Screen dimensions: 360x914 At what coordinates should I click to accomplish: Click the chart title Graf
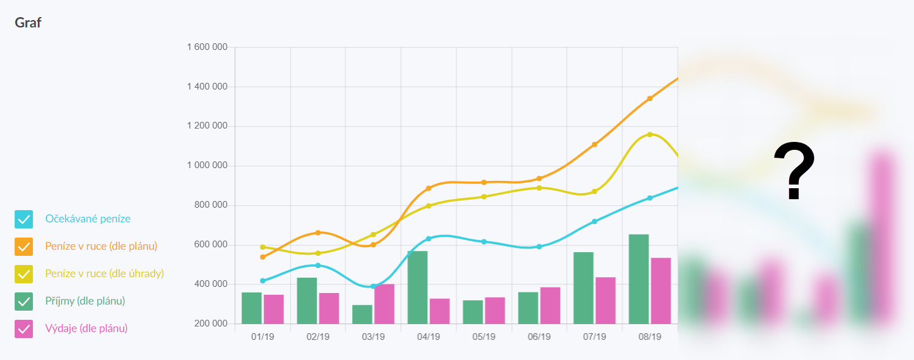[28, 23]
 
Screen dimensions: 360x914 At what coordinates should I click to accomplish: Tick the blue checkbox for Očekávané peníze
[24, 219]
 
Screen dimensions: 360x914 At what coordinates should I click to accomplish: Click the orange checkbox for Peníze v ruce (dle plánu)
[24, 247]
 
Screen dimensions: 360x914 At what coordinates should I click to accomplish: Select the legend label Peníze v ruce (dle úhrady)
[104, 274]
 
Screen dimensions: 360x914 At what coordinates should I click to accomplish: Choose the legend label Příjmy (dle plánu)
[85, 301]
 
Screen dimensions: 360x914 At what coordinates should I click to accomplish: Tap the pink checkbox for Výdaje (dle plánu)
[24, 329]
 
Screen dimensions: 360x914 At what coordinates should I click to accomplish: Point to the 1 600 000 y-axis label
[207, 47]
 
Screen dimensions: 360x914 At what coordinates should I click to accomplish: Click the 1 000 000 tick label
[207, 166]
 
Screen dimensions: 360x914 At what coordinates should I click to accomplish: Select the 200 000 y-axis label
[211, 323]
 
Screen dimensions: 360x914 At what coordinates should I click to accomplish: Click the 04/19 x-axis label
[428, 337]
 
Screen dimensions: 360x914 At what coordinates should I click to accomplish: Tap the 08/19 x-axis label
[650, 337]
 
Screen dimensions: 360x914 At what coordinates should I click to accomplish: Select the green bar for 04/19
[417, 287]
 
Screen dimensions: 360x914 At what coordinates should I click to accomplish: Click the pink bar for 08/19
[661, 291]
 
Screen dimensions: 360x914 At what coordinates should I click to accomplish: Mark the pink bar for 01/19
[274, 309]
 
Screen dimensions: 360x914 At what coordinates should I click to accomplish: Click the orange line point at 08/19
[650, 98]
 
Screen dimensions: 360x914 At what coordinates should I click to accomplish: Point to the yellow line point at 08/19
[650, 134]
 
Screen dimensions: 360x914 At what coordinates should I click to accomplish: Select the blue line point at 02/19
[317, 265]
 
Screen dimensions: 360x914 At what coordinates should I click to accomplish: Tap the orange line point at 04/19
[428, 188]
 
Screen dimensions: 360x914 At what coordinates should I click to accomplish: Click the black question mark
[793, 172]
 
